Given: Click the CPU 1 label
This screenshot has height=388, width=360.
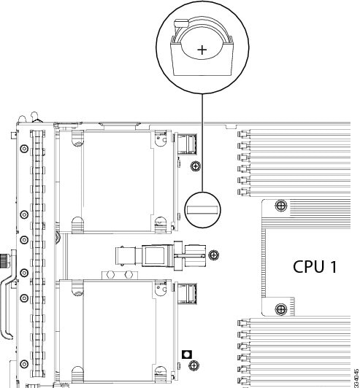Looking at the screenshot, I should pos(315,266).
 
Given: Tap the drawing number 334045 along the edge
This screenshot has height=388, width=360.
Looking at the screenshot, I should pos(354,372).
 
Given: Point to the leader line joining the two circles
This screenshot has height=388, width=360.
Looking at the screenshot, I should pos(202,146).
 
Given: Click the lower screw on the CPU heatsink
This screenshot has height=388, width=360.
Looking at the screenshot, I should pos(279,310).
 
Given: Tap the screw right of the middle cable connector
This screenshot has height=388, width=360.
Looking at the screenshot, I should pos(213,255).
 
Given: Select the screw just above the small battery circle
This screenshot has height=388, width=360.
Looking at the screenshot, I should pos(195,166).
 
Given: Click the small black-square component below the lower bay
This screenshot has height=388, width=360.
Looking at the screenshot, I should pos(188,353).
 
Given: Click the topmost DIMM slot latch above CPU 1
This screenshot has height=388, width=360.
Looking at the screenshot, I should pos(240,133).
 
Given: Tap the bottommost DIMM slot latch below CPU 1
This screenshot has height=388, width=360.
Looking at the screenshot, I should pos(240,380).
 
